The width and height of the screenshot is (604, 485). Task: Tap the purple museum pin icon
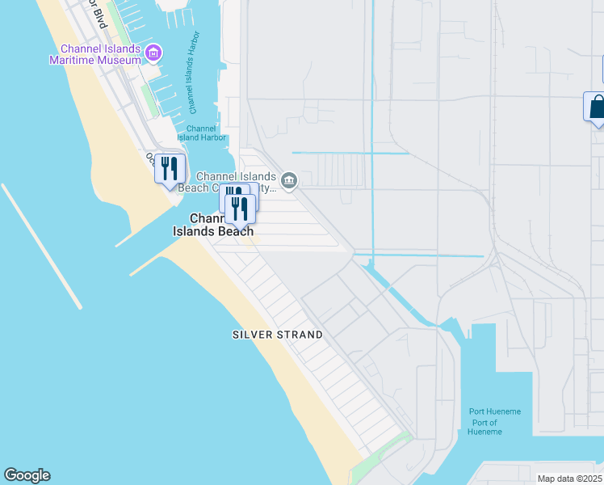[x=154, y=53]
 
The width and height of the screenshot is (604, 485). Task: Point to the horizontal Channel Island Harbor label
[x=201, y=133]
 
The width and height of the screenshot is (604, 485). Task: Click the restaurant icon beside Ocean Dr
[x=170, y=169]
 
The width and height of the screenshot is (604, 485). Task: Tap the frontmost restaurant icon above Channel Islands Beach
[x=240, y=208]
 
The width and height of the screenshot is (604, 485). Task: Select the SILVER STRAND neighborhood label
[x=277, y=335]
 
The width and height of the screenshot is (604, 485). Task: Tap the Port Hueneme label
[x=495, y=411]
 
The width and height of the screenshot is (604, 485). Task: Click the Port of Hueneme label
[x=484, y=427]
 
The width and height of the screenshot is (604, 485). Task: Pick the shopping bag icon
[x=597, y=107]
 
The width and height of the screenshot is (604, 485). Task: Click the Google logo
[x=27, y=475]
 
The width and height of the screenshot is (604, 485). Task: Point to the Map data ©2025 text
[x=568, y=479]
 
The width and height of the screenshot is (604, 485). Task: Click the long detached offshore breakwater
[x=41, y=246]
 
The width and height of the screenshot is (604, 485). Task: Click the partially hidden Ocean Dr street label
[x=150, y=158]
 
